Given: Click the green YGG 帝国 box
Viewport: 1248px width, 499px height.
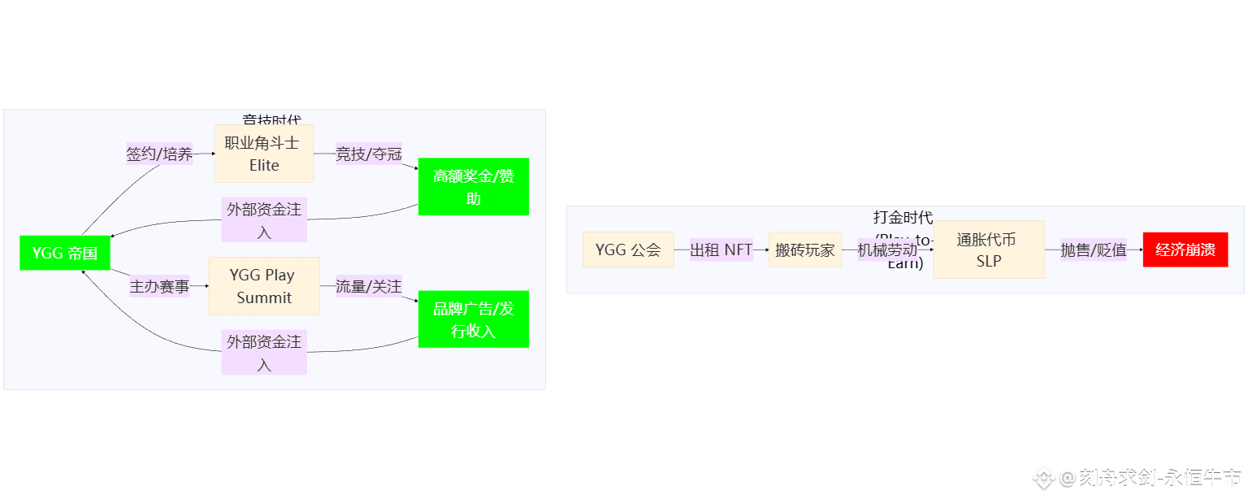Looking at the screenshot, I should tap(65, 253).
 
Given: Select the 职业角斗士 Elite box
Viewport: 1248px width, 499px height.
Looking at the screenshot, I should tap(264, 154).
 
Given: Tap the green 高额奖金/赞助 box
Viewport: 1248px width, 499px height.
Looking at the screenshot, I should tap(474, 187).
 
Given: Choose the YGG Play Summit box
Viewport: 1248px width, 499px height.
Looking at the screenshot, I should tap(264, 286).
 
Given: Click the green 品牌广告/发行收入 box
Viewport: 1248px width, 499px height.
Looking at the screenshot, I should tap(474, 319).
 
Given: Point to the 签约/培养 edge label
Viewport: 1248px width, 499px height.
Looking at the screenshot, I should tap(159, 154).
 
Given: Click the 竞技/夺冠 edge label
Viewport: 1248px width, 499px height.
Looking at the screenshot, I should tap(369, 154).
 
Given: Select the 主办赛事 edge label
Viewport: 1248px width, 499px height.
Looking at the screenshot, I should tap(159, 286).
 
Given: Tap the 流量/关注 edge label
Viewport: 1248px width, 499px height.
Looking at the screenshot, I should tap(369, 286).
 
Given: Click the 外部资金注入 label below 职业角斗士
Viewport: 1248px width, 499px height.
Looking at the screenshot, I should tap(264, 220).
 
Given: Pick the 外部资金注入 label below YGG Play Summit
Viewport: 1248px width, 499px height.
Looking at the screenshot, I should tap(264, 353).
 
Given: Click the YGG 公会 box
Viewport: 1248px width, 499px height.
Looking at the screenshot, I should tap(628, 249).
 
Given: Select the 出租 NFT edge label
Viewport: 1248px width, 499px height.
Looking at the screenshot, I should tap(721, 249).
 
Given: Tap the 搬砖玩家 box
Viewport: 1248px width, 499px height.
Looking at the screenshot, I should tap(804, 249).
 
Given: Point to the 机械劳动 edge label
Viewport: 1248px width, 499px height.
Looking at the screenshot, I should tap(887, 249).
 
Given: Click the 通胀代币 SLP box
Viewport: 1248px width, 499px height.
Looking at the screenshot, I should tap(988, 249).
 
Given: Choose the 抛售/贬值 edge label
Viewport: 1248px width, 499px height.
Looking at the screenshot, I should tap(1094, 249).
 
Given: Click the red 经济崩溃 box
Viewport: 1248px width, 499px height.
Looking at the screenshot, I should tap(1185, 249).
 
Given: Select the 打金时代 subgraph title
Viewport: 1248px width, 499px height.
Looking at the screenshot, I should tap(903, 217).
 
